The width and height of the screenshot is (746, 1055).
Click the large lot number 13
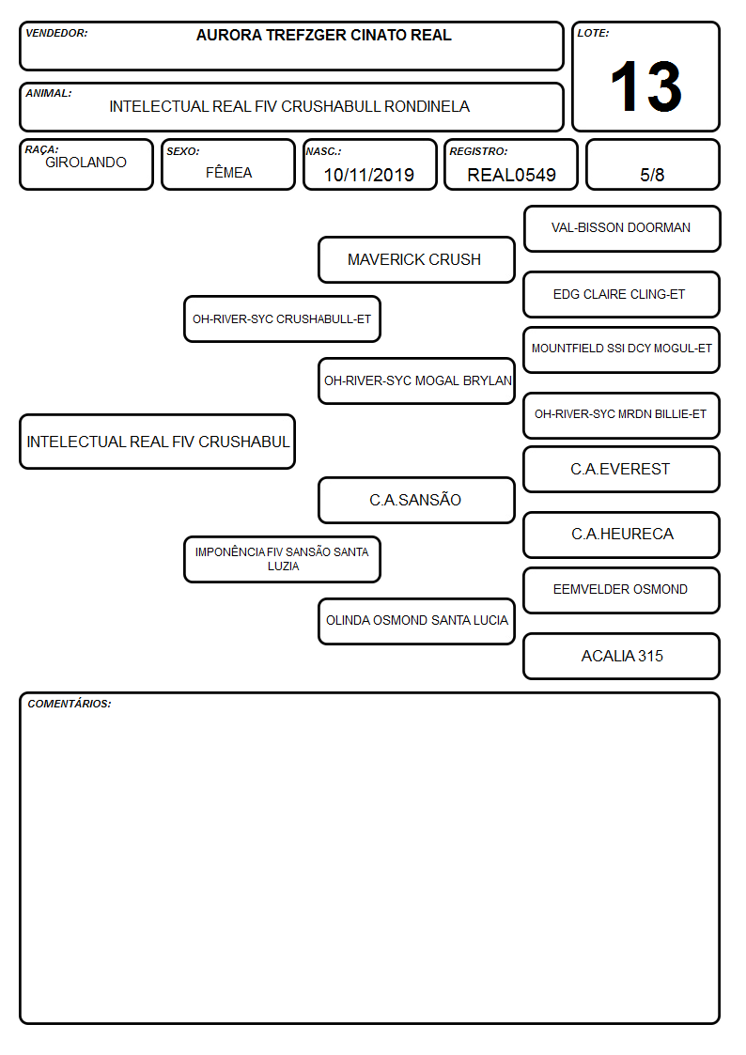[x=645, y=86]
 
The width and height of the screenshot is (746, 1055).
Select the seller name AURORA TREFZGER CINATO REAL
[x=323, y=36]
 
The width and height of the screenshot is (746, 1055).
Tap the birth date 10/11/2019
[x=368, y=175]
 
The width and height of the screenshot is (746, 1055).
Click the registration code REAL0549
[x=511, y=175]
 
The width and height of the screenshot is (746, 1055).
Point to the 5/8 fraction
[x=652, y=175]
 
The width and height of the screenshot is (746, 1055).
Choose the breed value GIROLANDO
[x=85, y=163]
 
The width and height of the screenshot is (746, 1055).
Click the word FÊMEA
[x=228, y=172]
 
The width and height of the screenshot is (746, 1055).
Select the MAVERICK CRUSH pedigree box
[x=416, y=259]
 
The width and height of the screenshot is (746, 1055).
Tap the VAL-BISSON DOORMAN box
[x=622, y=229]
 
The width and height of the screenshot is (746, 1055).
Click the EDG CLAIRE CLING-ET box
[x=622, y=294]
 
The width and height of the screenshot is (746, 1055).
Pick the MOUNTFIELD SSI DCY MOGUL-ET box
[x=622, y=349]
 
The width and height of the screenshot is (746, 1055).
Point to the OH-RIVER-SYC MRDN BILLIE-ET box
[x=622, y=415]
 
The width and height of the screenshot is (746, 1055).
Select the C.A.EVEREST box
[x=622, y=470]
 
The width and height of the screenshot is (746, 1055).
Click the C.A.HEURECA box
[x=622, y=535]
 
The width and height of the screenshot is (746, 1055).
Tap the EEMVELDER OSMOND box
[x=622, y=590]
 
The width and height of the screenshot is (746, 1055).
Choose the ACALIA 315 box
[x=622, y=656]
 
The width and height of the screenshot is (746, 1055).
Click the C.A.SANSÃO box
[x=416, y=500]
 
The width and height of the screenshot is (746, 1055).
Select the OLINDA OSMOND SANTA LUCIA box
[x=416, y=621]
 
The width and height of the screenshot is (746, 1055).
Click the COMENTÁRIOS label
[x=70, y=704]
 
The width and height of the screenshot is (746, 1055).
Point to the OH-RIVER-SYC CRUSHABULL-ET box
[x=282, y=318]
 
